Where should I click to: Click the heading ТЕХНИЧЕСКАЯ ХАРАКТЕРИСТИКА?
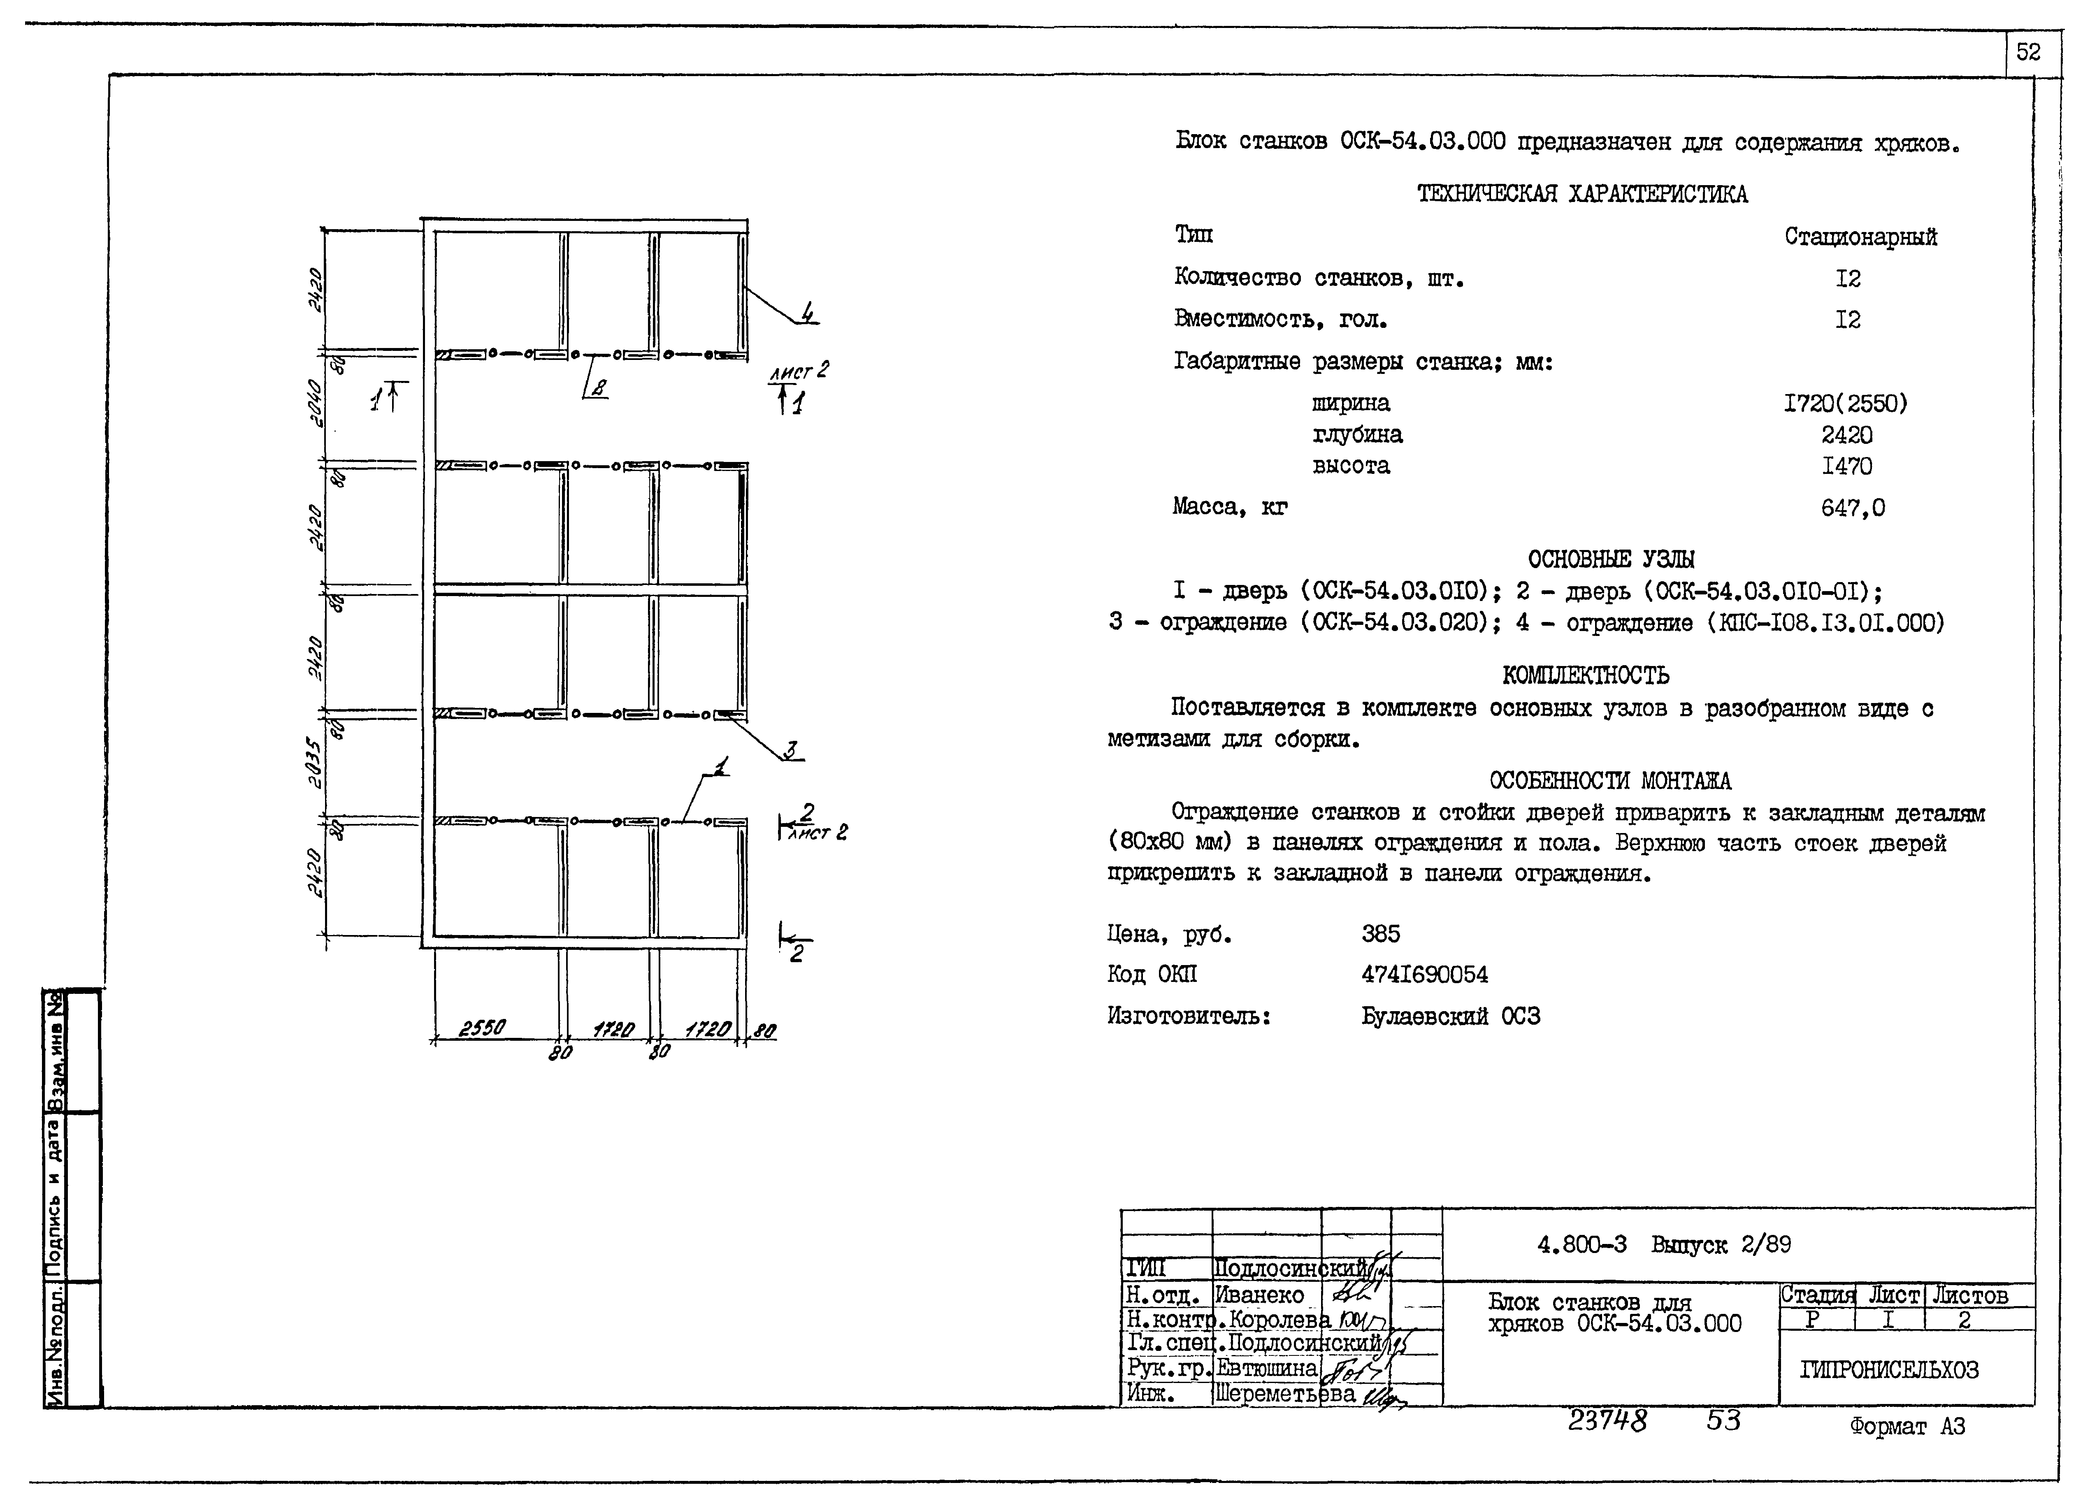pos(1581,195)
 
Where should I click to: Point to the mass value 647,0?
pos(1852,508)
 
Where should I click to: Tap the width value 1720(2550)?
pos(1846,404)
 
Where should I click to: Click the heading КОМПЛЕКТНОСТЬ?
pos(1585,675)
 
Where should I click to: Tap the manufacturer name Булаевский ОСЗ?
pos(1451,1016)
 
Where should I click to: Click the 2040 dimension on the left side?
pos(315,403)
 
